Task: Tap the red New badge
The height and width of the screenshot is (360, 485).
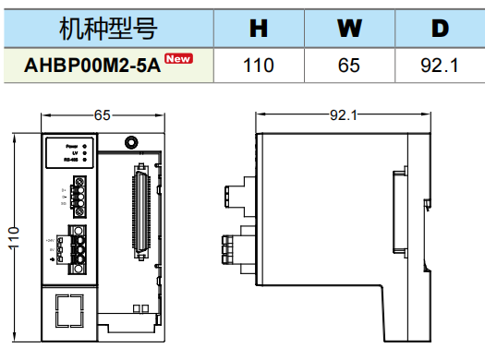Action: (x=179, y=59)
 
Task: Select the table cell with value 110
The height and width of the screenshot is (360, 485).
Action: (x=259, y=66)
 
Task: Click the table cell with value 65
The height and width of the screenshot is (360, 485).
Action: (x=348, y=66)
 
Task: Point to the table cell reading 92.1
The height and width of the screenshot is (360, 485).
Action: (x=439, y=66)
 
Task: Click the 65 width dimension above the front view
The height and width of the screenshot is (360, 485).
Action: (x=103, y=114)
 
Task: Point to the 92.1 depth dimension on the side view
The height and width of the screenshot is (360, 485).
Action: (x=342, y=114)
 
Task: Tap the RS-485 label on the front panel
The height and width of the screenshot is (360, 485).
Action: (x=70, y=161)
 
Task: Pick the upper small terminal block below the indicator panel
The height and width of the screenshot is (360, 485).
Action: (x=79, y=197)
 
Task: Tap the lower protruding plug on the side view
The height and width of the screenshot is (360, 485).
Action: (x=230, y=247)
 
